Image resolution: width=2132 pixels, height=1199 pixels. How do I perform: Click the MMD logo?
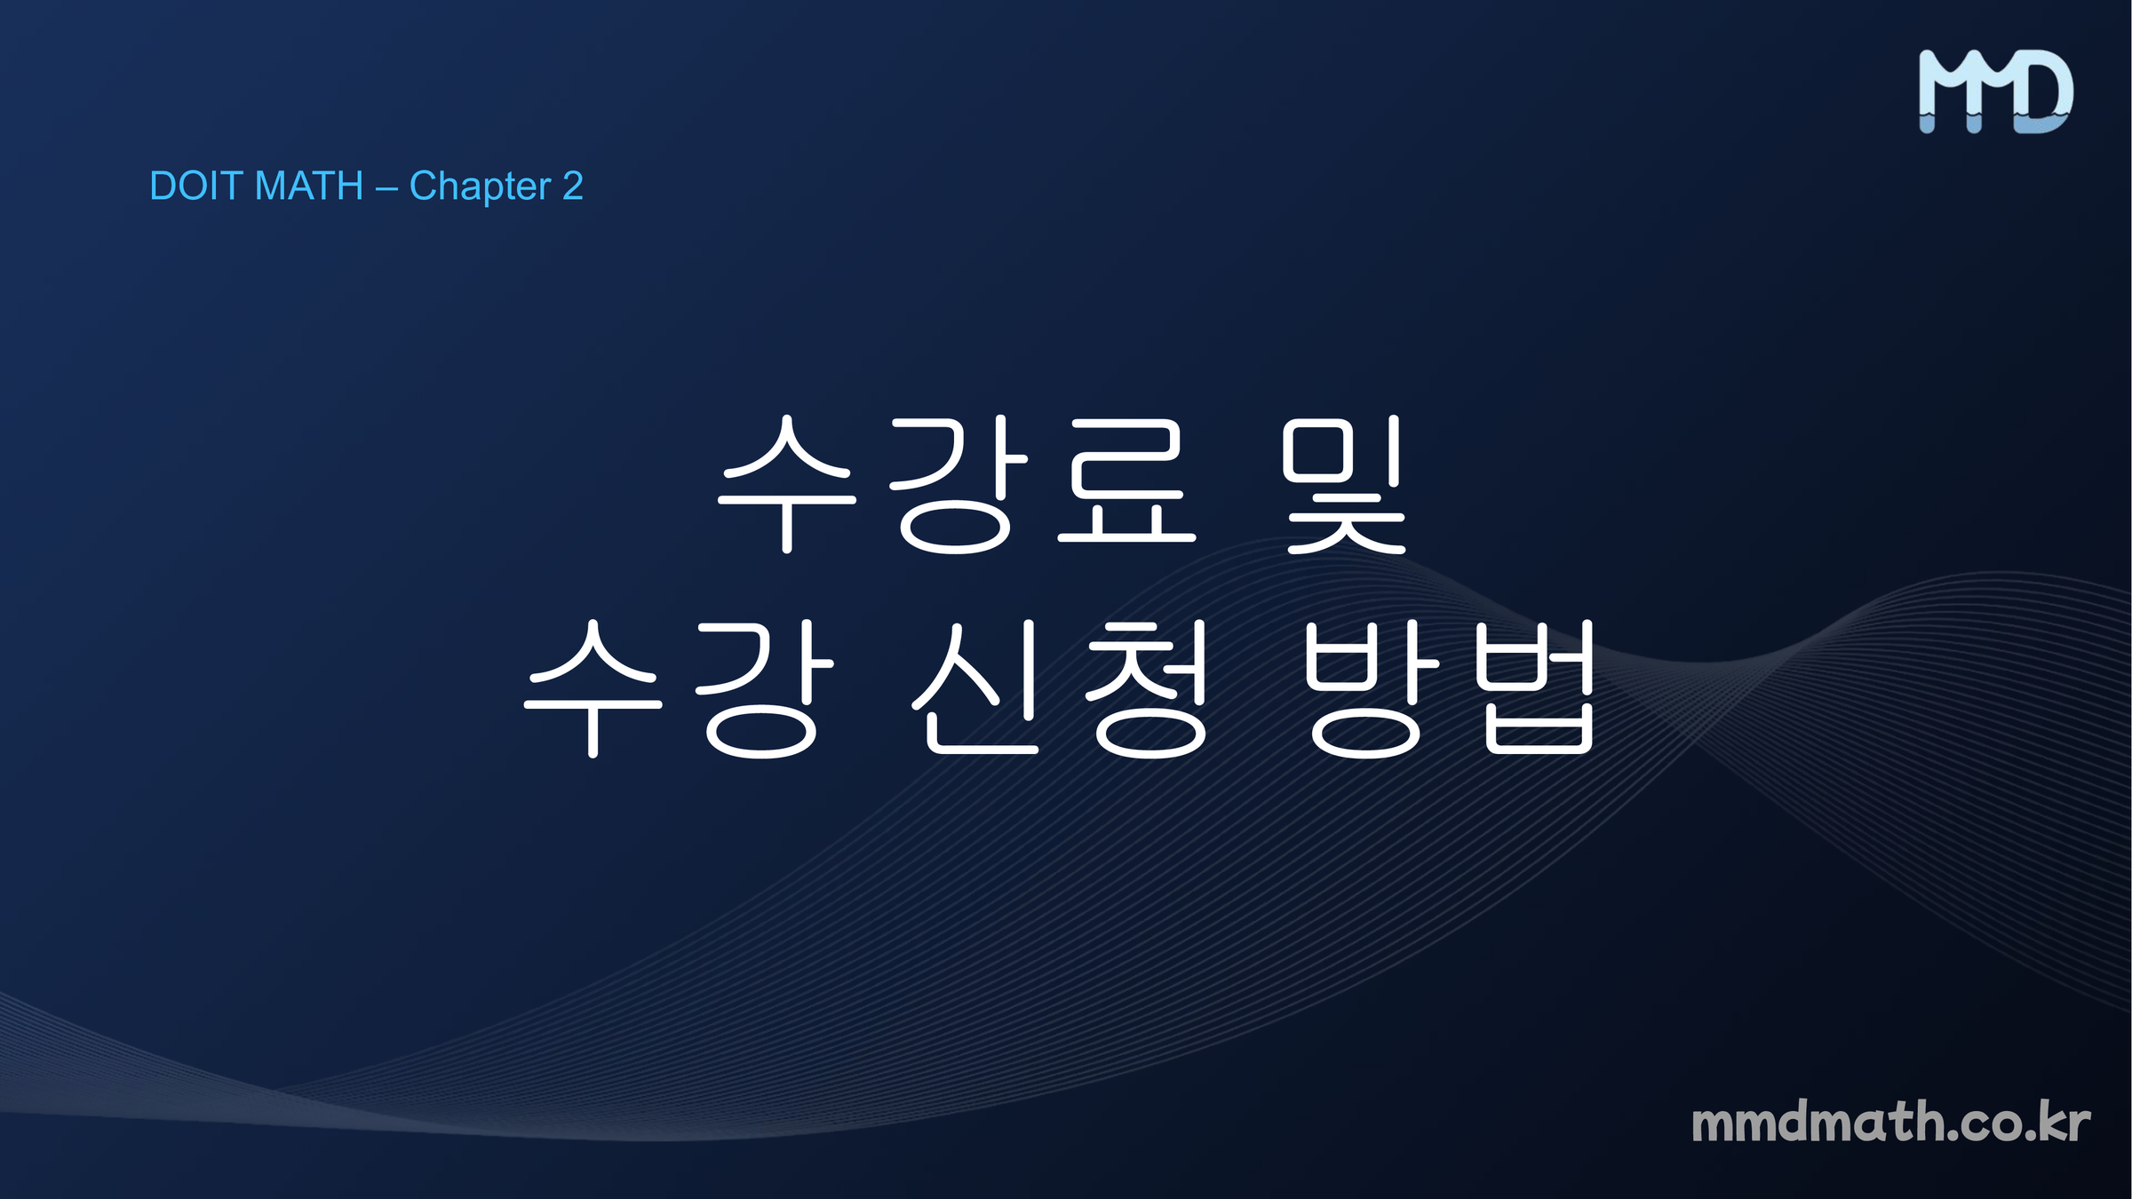(1995, 91)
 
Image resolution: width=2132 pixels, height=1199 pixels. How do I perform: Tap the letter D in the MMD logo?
(2043, 91)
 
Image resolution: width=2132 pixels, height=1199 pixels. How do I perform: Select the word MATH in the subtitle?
(309, 187)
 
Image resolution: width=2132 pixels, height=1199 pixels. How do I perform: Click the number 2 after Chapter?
(573, 187)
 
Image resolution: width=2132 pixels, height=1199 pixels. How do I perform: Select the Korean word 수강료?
(958, 484)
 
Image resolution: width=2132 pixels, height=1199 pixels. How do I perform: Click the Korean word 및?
(1345, 485)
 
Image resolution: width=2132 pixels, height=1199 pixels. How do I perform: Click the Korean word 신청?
(1061, 689)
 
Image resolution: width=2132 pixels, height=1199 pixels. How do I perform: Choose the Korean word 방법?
(1449, 689)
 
